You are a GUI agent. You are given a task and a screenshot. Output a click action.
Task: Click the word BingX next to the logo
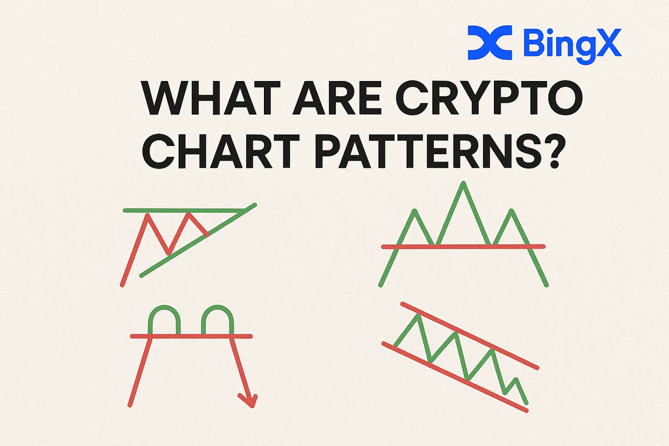[x=572, y=43]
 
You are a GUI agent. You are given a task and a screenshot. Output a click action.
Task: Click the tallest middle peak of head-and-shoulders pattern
[x=463, y=184]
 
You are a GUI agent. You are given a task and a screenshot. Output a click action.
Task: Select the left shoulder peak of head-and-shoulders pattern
[x=415, y=212]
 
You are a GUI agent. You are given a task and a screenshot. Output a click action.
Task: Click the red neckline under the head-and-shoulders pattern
[x=463, y=246]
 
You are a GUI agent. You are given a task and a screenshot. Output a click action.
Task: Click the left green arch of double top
[x=165, y=311]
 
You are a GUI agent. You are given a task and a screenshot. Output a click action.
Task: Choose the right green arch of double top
[x=216, y=311]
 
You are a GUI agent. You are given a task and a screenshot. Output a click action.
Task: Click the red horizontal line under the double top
[x=191, y=336]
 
